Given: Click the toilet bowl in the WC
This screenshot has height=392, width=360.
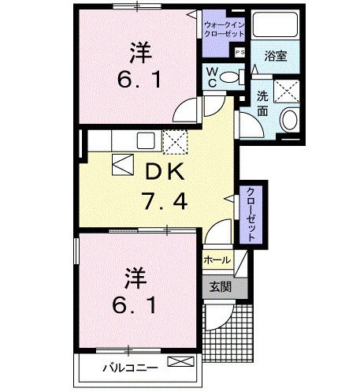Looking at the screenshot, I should coord(229,77).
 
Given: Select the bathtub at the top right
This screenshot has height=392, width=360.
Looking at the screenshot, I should coord(273,32).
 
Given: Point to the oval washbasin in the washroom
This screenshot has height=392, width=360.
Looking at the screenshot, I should coord(288,120).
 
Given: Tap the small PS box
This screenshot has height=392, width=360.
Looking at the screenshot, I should coord(238,52).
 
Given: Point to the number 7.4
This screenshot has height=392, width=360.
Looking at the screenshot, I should coord(165,201).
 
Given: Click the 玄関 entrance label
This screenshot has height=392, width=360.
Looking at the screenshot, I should coord(220,286).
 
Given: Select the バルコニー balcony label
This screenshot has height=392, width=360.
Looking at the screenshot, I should coord(130,367).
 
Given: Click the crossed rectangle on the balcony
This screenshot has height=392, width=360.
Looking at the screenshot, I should coord(181,363).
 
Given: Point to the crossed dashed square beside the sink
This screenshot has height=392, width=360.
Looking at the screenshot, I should coord(174,142).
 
